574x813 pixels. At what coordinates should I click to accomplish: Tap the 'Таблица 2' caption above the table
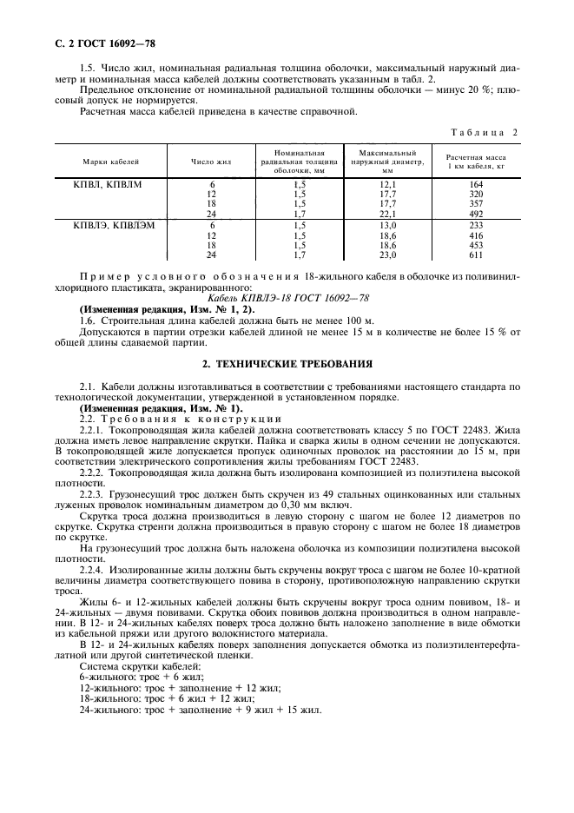tap(484, 132)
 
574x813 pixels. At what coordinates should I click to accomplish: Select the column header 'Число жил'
tap(211, 162)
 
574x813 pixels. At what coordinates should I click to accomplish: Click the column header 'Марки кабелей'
tap(111, 162)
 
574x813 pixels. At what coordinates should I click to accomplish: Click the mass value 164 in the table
tap(475, 185)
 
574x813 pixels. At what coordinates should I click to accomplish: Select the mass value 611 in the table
tap(475, 255)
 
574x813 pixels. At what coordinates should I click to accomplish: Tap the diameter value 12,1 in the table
tap(387, 185)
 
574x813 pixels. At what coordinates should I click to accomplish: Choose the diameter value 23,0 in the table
tap(387, 255)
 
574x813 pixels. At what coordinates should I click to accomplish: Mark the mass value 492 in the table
tap(475, 215)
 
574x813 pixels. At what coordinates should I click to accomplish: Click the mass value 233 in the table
tap(475, 226)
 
